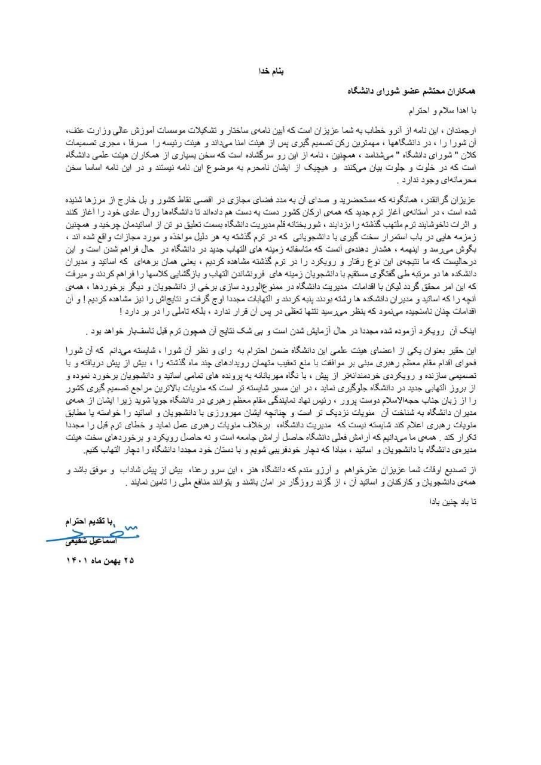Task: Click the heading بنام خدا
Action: click(x=270, y=71)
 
